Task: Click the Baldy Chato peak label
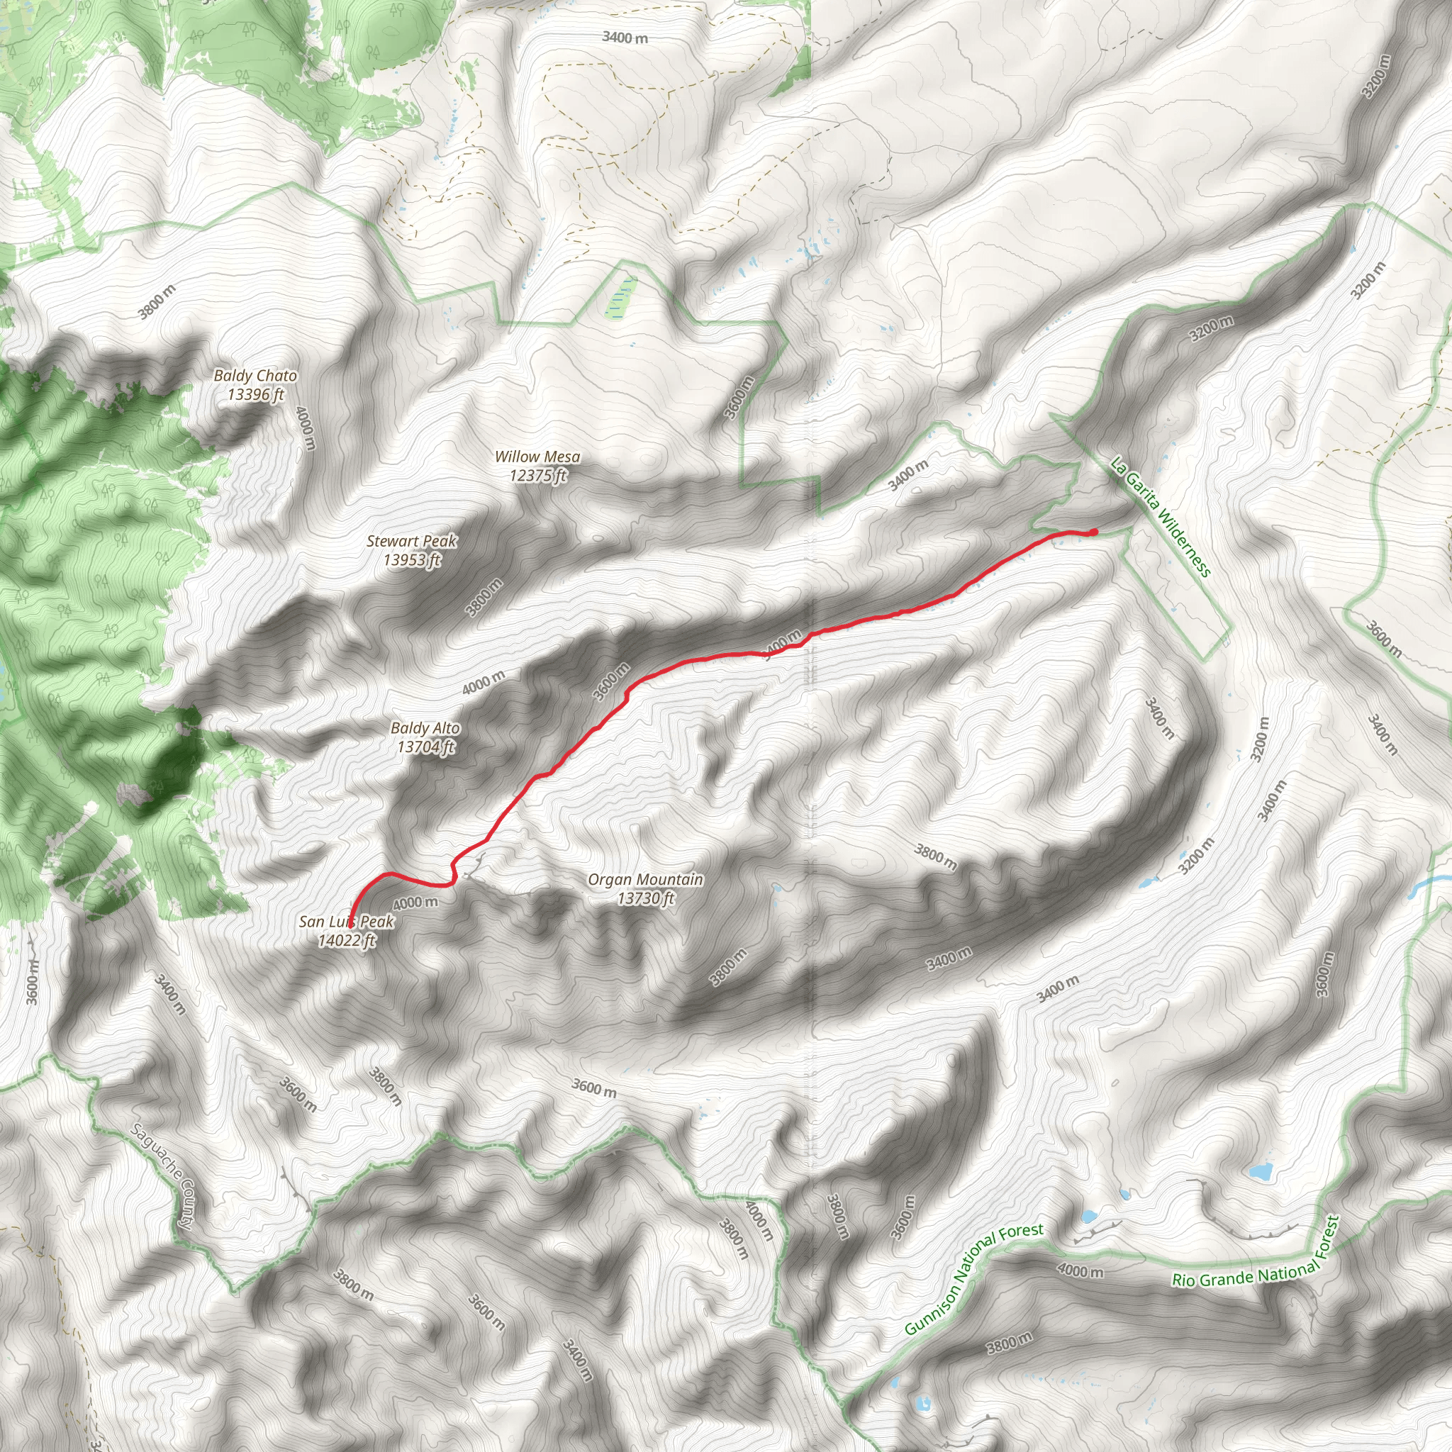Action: coord(255,375)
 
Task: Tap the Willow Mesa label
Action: coord(537,456)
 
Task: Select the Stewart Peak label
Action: coord(411,540)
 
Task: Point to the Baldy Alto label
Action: coord(425,727)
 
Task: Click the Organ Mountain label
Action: coord(645,878)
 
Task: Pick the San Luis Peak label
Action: coord(346,922)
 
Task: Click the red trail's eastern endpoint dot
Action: coord(1093,532)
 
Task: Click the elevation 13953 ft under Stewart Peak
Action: coord(411,560)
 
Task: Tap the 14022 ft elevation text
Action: coord(346,940)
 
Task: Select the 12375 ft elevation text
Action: coord(537,475)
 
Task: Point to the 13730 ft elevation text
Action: coord(645,898)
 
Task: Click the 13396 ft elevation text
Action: coord(255,393)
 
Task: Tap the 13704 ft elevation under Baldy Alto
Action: coord(425,747)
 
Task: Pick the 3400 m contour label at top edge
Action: coord(625,37)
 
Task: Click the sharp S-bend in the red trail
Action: coord(453,872)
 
